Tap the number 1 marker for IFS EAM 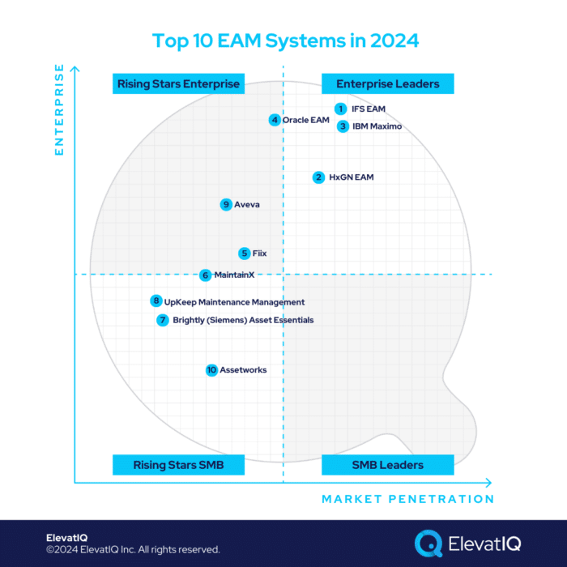click(x=341, y=109)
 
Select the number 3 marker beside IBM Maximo click(x=343, y=126)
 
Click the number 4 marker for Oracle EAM click(x=275, y=120)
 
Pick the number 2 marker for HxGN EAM click(x=319, y=177)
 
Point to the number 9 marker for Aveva click(x=226, y=205)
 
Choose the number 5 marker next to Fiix click(x=244, y=254)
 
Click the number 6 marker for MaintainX click(x=206, y=275)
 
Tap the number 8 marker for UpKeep click(x=156, y=301)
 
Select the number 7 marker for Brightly click(x=163, y=320)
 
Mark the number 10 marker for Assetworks click(x=211, y=370)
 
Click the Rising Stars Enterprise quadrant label click(x=178, y=83)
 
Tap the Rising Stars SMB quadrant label click(x=178, y=465)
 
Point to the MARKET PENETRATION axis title click(x=407, y=499)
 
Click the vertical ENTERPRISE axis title click(x=58, y=110)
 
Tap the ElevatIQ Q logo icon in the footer click(x=428, y=544)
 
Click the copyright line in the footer click(x=133, y=550)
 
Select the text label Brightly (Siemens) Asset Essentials click(x=243, y=320)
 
